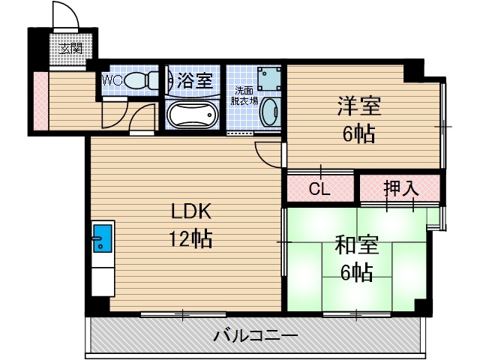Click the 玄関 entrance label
[x=72, y=49]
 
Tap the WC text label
[x=112, y=79]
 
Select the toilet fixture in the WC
[x=142, y=79]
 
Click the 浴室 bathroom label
[x=193, y=80]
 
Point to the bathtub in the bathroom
[x=192, y=116]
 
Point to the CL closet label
[x=320, y=188]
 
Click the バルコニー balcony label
[x=256, y=335]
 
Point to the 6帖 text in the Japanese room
[x=356, y=272]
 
